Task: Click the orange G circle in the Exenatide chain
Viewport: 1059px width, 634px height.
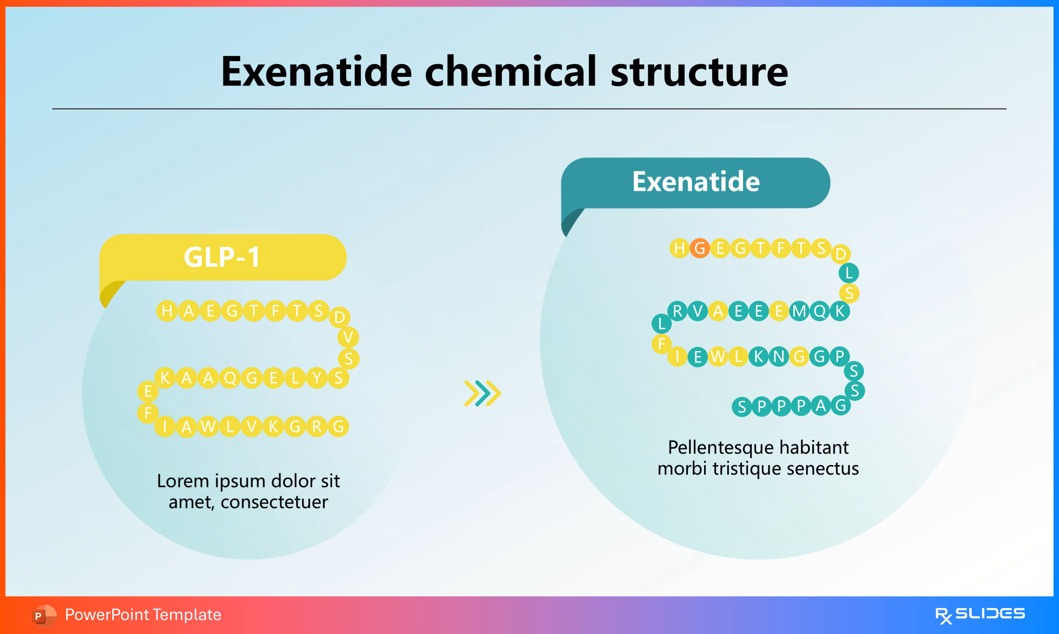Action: pyautogui.click(x=700, y=248)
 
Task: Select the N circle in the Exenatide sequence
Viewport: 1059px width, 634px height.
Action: pyautogui.click(x=779, y=356)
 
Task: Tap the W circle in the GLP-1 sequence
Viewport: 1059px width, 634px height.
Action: pyautogui.click(x=208, y=426)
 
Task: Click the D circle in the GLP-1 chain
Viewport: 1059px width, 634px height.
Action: pyautogui.click(x=339, y=317)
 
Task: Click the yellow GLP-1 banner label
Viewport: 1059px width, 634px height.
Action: pyautogui.click(x=222, y=257)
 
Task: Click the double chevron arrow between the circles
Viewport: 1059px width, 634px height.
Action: pyautogui.click(x=482, y=393)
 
